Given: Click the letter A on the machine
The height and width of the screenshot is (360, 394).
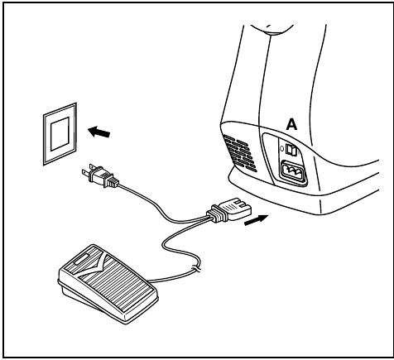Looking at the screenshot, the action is click(291, 124).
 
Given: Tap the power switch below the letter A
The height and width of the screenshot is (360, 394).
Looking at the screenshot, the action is click(291, 150).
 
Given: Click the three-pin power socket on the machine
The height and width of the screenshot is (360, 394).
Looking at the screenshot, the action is click(294, 172).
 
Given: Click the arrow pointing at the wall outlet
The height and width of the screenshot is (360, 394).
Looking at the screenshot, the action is click(98, 132).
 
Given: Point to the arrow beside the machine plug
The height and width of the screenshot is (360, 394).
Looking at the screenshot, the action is click(257, 220).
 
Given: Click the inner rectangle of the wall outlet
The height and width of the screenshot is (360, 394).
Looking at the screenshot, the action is click(60, 133).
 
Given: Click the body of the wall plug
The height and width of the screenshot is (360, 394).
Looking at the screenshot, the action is click(98, 175).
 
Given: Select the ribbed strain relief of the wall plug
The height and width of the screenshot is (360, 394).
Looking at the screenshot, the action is click(113, 182).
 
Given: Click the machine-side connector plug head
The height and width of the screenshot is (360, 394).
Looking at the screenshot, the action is click(237, 209).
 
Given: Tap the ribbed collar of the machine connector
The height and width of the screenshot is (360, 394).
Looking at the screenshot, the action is click(218, 213).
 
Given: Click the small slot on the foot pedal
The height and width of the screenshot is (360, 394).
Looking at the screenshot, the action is click(82, 258).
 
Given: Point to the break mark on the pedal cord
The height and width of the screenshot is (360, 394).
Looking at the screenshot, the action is click(196, 268).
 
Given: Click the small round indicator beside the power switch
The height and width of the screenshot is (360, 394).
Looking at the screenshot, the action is click(281, 148).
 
